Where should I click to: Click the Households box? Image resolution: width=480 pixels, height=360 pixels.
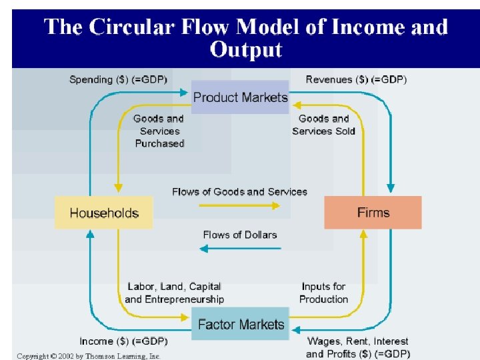[x=103, y=213]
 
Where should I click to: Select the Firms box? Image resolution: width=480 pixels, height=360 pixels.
[x=373, y=213]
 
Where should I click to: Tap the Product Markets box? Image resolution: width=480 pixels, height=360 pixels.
[x=240, y=97]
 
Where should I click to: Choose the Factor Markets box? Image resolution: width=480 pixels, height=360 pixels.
[x=241, y=325]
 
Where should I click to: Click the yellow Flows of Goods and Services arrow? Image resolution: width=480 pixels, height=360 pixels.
[x=240, y=205]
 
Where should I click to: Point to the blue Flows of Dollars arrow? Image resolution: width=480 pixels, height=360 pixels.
[x=240, y=249]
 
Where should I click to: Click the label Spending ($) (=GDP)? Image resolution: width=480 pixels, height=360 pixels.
[x=119, y=79]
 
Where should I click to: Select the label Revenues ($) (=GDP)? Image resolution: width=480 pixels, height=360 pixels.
[x=356, y=79]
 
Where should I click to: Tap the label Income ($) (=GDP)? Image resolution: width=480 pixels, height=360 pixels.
[x=123, y=341]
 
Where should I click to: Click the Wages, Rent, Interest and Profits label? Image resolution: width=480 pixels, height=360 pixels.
[x=358, y=347]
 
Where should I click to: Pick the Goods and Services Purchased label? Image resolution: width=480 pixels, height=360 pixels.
[x=159, y=131]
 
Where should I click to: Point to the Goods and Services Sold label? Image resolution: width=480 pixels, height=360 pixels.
[x=323, y=125]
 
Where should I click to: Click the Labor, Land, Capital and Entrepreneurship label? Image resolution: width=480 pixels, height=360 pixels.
[x=174, y=293]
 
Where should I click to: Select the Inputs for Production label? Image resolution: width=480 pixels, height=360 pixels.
[x=323, y=293]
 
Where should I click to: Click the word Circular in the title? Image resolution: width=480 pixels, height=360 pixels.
[x=135, y=27]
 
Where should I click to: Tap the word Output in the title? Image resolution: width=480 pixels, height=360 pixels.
[x=245, y=50]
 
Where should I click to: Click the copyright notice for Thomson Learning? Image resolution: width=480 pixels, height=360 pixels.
[x=89, y=356]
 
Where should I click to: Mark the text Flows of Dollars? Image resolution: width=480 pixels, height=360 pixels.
[x=240, y=234]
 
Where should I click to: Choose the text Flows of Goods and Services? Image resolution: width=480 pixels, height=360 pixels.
[x=240, y=191]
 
